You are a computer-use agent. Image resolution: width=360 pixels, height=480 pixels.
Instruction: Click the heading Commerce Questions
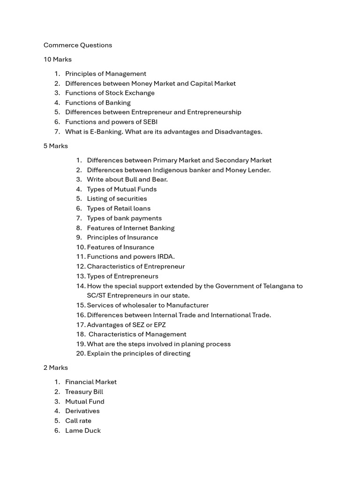[78, 45]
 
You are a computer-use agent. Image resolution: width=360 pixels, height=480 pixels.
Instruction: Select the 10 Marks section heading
[58, 60]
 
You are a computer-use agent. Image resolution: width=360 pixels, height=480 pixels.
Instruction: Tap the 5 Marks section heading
[56, 146]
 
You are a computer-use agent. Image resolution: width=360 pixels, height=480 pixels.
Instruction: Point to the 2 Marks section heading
[56, 367]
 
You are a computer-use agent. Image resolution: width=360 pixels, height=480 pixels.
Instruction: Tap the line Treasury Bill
[84, 392]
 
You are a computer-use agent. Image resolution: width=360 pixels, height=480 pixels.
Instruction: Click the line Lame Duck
[83, 430]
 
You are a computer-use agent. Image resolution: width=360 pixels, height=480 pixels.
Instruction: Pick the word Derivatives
[82, 411]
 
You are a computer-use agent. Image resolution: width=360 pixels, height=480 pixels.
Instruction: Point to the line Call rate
[78, 420]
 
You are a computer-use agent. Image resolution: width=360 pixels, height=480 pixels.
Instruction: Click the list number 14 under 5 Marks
[81, 286]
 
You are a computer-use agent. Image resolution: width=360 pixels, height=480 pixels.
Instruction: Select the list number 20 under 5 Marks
[81, 353]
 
